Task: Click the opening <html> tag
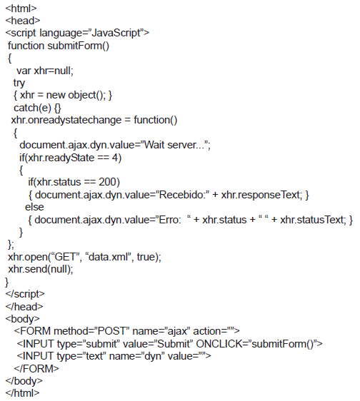(21, 9)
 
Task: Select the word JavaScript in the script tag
(116, 34)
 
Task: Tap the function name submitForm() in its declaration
(78, 46)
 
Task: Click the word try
(19, 83)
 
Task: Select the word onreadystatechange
(74, 120)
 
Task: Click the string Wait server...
(176, 145)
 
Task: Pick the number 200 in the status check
(108, 182)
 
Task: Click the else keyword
(34, 207)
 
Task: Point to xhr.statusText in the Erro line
(313, 220)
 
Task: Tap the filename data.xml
(109, 257)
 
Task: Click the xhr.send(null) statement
(41, 269)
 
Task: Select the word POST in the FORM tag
(111, 331)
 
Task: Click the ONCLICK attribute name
(221, 344)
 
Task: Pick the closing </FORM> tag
(36, 368)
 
